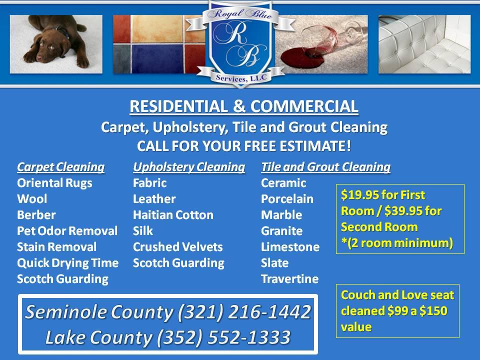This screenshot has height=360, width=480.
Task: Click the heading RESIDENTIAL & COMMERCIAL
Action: click(244, 106)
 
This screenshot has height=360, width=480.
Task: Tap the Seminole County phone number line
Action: click(168, 312)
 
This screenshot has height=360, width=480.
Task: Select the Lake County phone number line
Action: click(168, 337)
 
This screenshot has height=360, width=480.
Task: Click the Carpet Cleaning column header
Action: click(61, 167)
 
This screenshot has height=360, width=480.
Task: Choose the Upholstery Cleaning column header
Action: click(189, 167)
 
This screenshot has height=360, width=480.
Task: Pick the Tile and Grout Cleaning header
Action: click(325, 167)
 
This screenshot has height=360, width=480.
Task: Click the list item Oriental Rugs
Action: click(54, 183)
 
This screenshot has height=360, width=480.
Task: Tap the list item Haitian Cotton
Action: click(173, 215)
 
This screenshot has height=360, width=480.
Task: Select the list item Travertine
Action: click(289, 279)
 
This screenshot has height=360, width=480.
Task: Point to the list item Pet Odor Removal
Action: click(67, 231)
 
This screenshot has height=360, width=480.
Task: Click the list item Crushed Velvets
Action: click(177, 247)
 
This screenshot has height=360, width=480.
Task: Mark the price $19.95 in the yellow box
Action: click(361, 195)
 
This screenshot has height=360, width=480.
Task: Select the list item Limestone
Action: click(290, 247)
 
